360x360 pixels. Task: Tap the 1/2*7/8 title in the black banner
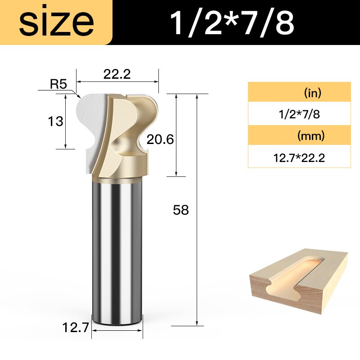click(x=232, y=22)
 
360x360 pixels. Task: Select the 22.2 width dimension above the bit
click(x=117, y=74)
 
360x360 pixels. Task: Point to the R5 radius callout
click(x=58, y=84)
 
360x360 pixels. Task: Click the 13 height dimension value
click(x=56, y=121)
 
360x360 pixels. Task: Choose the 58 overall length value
click(x=181, y=210)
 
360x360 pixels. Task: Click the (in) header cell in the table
click(x=299, y=93)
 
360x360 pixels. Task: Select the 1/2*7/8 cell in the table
click(x=299, y=114)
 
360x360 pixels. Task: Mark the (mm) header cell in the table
click(x=299, y=135)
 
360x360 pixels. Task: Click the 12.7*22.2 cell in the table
click(x=299, y=157)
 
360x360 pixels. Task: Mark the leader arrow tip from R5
click(x=79, y=97)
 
